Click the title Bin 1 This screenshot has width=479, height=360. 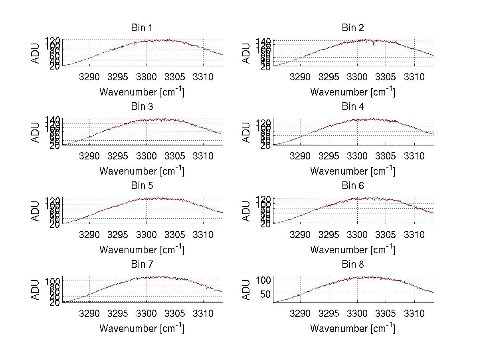click(x=142, y=28)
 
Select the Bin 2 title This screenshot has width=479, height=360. click(x=353, y=28)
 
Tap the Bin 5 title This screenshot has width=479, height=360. click(x=142, y=185)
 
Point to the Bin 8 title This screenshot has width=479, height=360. click(x=353, y=264)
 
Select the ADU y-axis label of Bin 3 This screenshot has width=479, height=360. click(x=36, y=132)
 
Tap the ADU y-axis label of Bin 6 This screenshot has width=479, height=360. click(x=247, y=211)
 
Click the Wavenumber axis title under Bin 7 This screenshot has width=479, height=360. click(x=142, y=328)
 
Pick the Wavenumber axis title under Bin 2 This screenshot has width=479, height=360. click(x=353, y=91)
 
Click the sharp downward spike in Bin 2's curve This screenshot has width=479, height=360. click(x=374, y=45)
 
